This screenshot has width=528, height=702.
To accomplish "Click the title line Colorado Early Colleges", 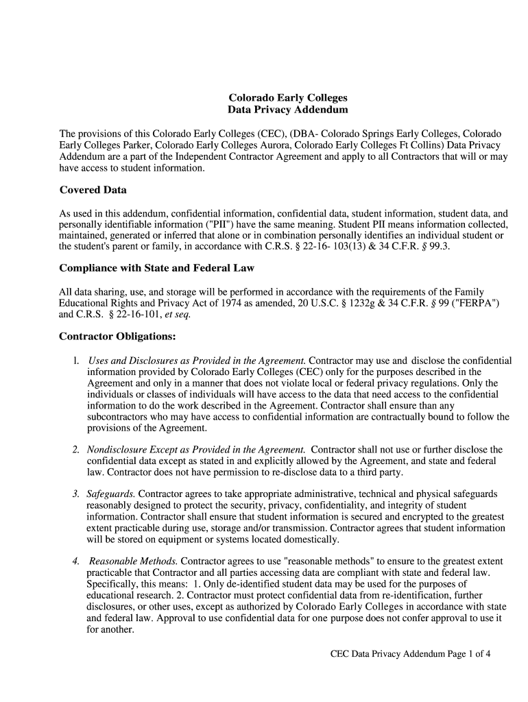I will coord(287,98).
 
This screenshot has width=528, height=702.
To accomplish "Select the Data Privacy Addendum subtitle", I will coord(287,110).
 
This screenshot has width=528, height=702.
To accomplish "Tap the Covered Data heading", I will coord(93,190).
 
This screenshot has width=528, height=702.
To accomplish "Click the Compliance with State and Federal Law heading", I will coord(157,267).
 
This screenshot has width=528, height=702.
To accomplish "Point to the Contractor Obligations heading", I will coord(118,337).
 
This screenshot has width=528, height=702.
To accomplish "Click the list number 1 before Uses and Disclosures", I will coord(75,361).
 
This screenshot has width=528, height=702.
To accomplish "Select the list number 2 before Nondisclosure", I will coord(75,450).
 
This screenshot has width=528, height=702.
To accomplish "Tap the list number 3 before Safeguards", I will coord(75,494).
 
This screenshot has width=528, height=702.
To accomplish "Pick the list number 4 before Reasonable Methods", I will coord(75,561).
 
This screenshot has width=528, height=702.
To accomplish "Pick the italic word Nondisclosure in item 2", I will coord(119,450).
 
